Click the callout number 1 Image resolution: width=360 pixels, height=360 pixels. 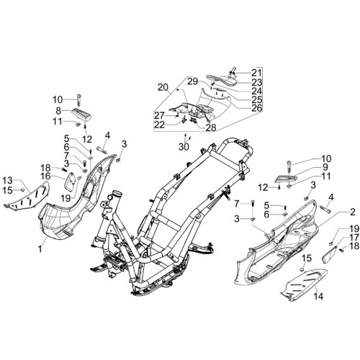(x=40, y=248)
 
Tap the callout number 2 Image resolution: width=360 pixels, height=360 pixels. (x=352, y=212)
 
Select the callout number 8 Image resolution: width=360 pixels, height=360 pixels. (x=58, y=111)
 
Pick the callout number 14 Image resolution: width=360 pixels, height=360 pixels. (x=318, y=296)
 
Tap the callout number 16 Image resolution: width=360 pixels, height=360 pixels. (x=45, y=176)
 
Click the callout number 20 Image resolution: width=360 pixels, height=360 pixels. (x=163, y=88)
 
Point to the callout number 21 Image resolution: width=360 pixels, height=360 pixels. (x=257, y=73)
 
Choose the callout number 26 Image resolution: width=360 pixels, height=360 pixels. (x=256, y=108)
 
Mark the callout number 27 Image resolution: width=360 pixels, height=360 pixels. (x=159, y=116)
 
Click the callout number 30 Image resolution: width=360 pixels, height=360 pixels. (x=184, y=147)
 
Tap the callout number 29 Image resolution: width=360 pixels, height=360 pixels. (x=193, y=81)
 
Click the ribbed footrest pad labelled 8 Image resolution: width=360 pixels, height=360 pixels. (x=83, y=114)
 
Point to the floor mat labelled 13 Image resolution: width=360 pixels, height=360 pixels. (x=27, y=197)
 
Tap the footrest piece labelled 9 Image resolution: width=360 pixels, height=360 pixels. (x=286, y=179)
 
